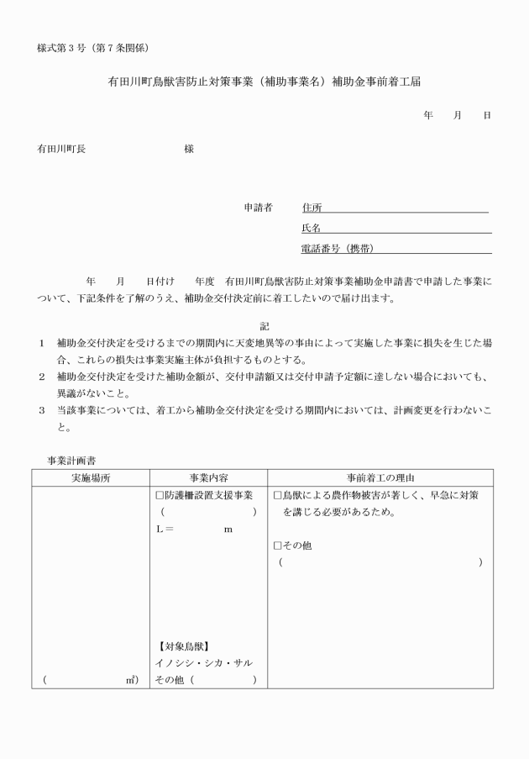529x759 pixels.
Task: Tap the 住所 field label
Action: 312,208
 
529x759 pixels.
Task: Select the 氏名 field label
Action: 312,228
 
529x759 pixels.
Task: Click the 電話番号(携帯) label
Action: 337,248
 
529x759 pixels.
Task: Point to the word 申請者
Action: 258,208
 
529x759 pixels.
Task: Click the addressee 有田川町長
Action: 61,149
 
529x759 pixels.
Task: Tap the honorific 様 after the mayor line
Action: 189,149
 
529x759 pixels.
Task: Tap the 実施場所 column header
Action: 92,477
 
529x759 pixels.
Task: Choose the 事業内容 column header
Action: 205,477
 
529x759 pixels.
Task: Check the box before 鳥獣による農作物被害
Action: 279,495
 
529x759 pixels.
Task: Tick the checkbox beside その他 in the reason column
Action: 279,546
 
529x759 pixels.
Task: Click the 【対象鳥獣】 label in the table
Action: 182,646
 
